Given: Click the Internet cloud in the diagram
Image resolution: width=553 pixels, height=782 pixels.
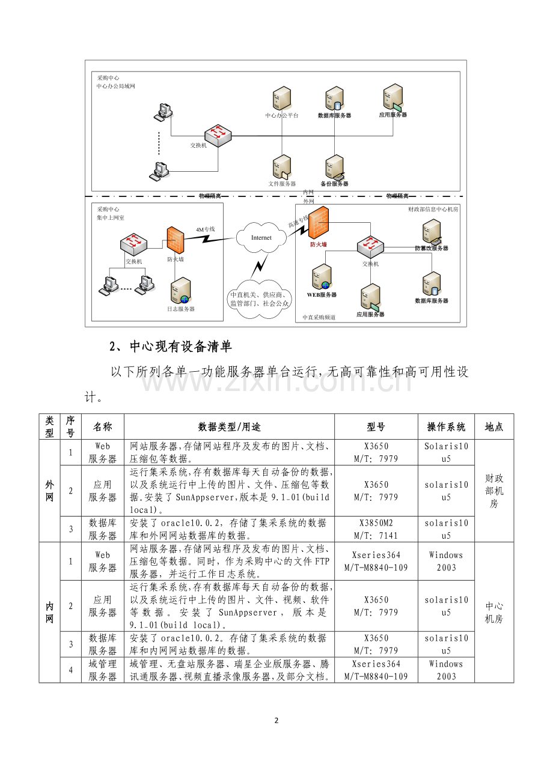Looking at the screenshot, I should pos(261,238).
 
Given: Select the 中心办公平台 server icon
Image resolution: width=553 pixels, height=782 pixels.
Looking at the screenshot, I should pos(281,99).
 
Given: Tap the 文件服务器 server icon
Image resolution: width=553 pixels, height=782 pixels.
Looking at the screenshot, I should pos(281,168).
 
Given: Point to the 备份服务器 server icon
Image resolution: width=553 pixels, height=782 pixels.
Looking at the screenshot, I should pos(334,168).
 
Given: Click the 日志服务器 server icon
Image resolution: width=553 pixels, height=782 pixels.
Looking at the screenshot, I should pos(181,291).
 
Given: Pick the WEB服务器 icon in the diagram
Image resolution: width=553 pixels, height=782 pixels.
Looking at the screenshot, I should pos(321,278).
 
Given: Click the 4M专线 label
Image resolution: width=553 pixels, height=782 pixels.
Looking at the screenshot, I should pos(205,229).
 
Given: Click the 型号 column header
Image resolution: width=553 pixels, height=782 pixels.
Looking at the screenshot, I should pos(376,427).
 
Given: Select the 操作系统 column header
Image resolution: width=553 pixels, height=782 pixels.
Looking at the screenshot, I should pos(446,427).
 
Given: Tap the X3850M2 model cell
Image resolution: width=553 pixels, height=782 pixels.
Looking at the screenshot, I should pos(376,529).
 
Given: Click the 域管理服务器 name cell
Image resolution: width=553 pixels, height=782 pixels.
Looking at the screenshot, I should pos(102,670).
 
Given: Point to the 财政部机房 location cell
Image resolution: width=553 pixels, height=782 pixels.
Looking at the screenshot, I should pos(493,491).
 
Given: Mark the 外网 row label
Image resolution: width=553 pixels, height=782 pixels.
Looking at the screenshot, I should pos(49,491).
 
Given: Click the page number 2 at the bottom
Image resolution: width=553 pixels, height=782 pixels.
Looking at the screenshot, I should pos(276,721).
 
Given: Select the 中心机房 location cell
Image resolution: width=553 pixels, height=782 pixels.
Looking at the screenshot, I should pos(493,613).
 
